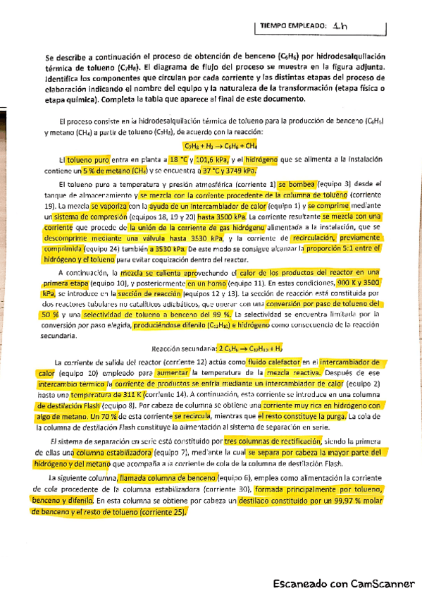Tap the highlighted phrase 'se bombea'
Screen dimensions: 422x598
(x=298, y=183)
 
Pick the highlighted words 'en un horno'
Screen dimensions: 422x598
(x=206, y=281)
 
